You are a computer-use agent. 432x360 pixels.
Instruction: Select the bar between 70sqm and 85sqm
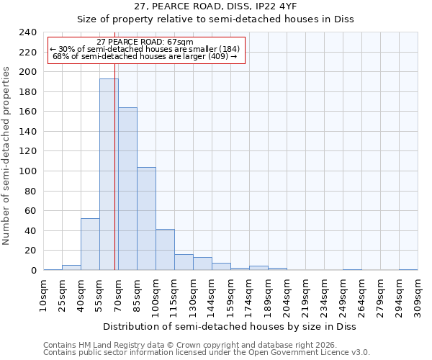(127, 189)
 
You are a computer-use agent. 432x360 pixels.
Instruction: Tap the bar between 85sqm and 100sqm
(146, 219)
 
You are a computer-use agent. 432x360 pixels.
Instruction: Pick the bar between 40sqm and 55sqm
(90, 244)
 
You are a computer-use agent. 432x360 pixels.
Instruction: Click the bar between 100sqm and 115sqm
(165, 250)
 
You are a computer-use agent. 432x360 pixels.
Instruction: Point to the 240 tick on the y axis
(28, 32)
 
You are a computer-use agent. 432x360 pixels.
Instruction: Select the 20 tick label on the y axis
(31, 251)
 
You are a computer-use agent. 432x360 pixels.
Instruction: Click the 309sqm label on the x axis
(418, 297)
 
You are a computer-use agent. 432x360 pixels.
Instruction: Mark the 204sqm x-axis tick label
(287, 297)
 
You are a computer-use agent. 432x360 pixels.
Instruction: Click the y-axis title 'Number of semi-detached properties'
(7, 156)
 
